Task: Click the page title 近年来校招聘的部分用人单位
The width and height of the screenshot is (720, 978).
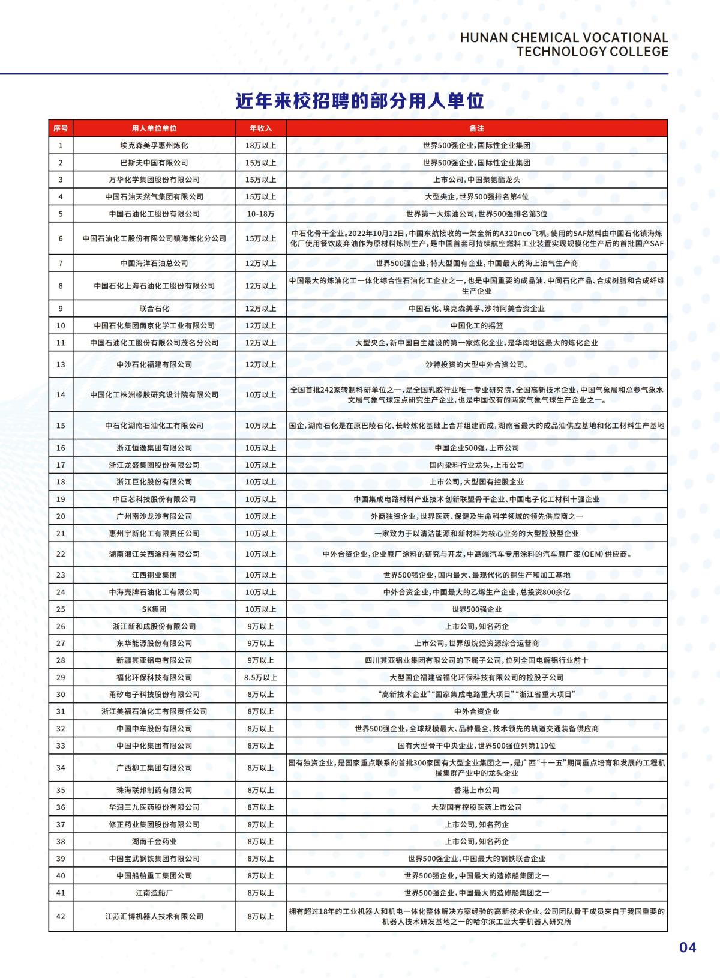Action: tap(359, 101)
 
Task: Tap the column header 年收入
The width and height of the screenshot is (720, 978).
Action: tap(260, 128)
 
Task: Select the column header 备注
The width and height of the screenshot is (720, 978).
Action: tap(476, 128)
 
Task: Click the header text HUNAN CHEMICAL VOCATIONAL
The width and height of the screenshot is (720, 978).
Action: tap(563, 37)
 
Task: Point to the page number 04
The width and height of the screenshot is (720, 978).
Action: tap(688, 947)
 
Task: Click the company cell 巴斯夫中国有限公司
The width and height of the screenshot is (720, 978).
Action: tap(154, 163)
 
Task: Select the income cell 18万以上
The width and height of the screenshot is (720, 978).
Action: tap(260, 145)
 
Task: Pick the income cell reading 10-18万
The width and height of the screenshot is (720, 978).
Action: tap(260, 214)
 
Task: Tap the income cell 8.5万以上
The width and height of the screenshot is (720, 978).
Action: tap(260, 677)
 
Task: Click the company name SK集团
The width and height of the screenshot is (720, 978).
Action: tap(154, 609)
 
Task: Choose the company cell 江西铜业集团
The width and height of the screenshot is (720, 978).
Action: tap(154, 575)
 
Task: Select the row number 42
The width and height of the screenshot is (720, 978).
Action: tap(61, 916)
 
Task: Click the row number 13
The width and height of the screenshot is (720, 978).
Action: tap(61, 364)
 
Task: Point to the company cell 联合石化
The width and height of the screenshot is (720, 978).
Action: tap(154, 309)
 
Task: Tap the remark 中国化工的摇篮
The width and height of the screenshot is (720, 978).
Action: tap(476, 325)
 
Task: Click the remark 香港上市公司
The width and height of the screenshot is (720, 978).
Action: tap(476, 790)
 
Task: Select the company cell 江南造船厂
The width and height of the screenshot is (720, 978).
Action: tap(154, 893)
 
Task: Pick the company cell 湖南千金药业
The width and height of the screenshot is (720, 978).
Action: tap(154, 841)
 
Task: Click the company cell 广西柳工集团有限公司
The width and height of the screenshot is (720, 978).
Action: tap(154, 768)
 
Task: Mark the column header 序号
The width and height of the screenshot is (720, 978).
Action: tap(61, 128)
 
